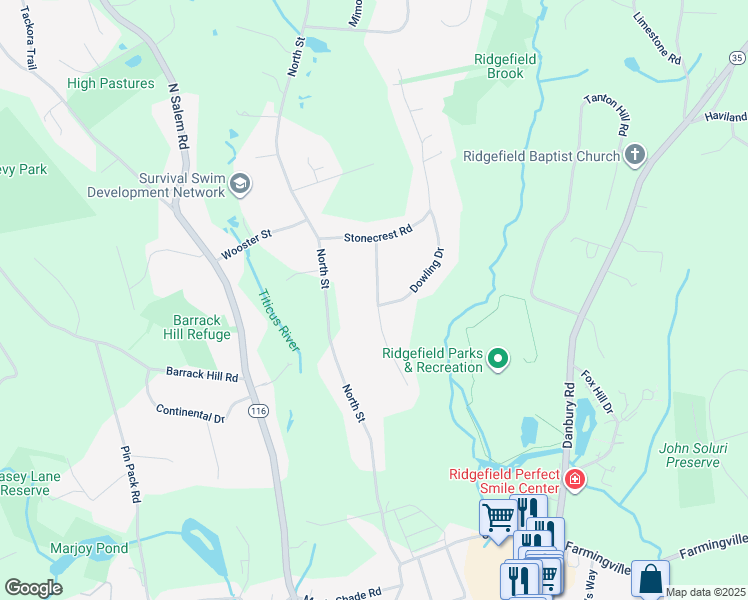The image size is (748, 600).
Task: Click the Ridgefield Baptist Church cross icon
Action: (635, 155)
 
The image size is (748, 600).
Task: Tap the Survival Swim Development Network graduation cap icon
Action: (240, 184)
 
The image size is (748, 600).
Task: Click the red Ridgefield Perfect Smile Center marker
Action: (574, 480)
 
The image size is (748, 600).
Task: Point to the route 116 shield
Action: (259, 411)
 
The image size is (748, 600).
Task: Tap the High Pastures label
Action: (111, 84)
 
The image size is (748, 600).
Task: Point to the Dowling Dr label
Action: (427, 271)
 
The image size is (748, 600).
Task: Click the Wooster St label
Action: (246, 245)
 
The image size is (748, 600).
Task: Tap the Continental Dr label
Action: (190, 414)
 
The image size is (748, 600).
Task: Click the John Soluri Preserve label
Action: (689, 455)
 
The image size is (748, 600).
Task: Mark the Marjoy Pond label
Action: (89, 549)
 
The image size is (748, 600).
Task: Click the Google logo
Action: (33, 587)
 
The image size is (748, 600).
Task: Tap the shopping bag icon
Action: (650, 579)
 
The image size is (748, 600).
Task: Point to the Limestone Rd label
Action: (657, 38)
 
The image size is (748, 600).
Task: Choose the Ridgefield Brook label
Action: (505, 67)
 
